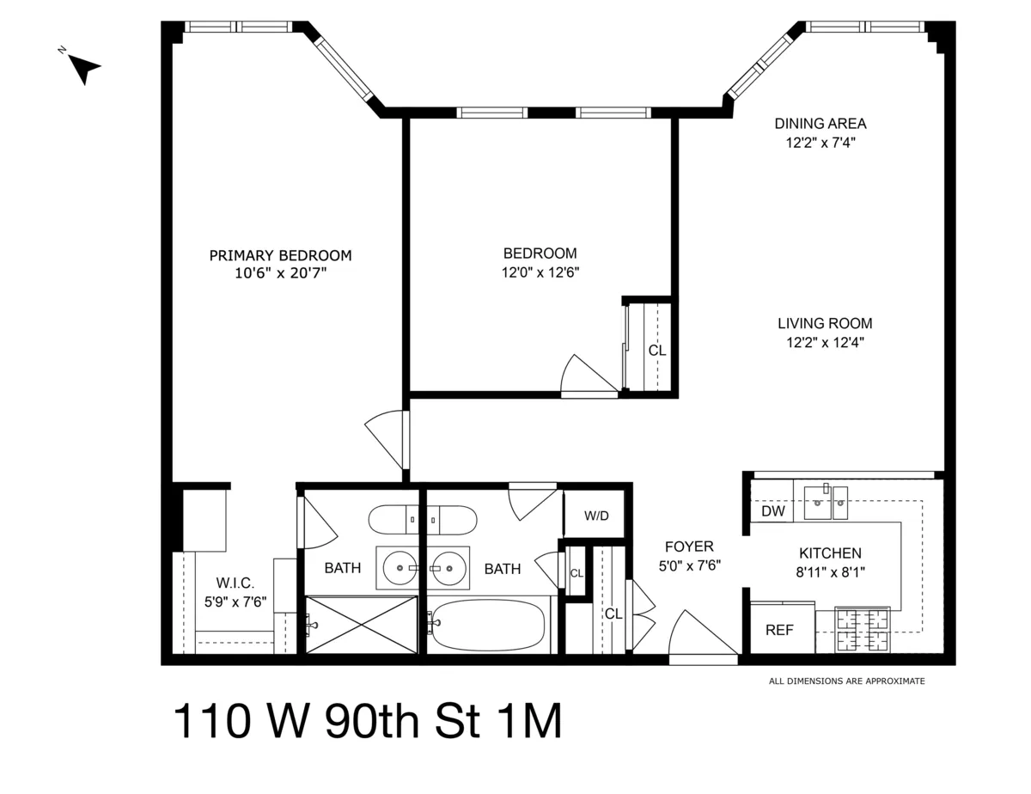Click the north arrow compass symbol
[x=82, y=68]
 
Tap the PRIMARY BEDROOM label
[x=281, y=255]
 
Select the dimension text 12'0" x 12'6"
[x=540, y=272]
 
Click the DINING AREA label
[x=820, y=123]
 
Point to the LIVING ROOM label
[x=825, y=324]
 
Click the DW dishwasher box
[x=773, y=511]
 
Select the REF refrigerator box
[x=779, y=629]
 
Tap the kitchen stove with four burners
[x=863, y=630]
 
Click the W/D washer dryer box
[x=596, y=516]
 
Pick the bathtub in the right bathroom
[x=487, y=625]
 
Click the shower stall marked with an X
[x=362, y=625]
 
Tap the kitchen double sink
[x=826, y=502]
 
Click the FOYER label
[x=689, y=547]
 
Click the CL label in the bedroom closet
[x=656, y=351]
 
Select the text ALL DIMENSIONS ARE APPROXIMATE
[x=846, y=681]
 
